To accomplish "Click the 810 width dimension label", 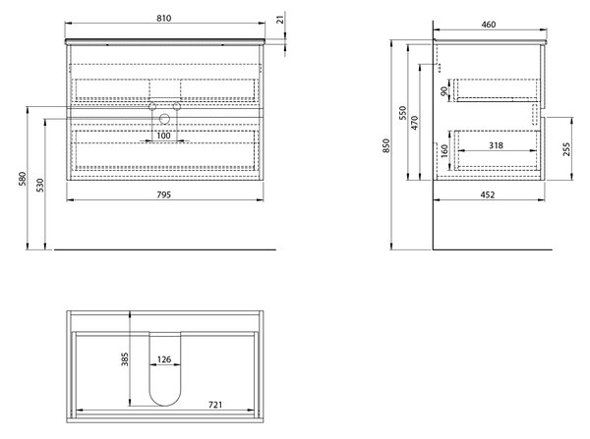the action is tap(163, 18).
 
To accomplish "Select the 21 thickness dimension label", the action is tap(280, 20).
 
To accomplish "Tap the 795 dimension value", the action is tap(163, 194).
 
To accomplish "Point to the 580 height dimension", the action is tap(23, 179).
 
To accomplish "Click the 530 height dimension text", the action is tap(40, 186).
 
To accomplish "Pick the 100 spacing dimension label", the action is tap(163, 136).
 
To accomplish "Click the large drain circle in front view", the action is tap(164, 119).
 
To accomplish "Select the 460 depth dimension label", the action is tap(489, 25).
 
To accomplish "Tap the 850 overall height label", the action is tap(386, 145).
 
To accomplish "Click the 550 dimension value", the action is tap(403, 113).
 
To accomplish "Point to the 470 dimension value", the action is tap(415, 123).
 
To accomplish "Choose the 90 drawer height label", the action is tap(444, 91).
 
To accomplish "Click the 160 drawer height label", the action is tap(444, 151).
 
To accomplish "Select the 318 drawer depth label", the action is tap(496, 145).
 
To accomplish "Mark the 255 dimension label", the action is tap(566, 149).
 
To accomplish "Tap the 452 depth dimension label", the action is tap(488, 194).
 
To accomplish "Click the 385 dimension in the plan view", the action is tap(125, 358).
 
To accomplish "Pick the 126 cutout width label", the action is tap(164, 359).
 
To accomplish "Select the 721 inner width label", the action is tap(215, 405).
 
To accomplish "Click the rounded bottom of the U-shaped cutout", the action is tap(165, 406).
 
